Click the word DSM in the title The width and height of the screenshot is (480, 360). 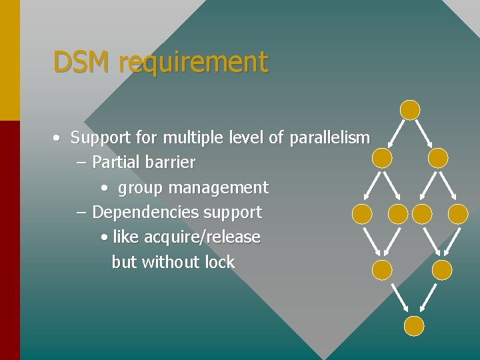(x=82, y=62)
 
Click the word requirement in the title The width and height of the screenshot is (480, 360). (x=193, y=63)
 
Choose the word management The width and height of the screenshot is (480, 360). (x=218, y=188)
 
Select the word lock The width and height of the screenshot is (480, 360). (x=220, y=262)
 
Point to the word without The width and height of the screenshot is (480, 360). (x=171, y=262)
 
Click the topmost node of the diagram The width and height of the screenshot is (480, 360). (x=410, y=110)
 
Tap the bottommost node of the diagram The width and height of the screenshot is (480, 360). (x=414, y=325)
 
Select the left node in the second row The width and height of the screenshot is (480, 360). (x=382, y=158)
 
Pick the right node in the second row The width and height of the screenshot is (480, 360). (x=438, y=158)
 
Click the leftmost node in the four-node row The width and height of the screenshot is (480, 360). (x=362, y=213)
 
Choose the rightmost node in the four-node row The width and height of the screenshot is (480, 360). (x=458, y=213)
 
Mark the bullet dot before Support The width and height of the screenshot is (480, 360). (x=58, y=139)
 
